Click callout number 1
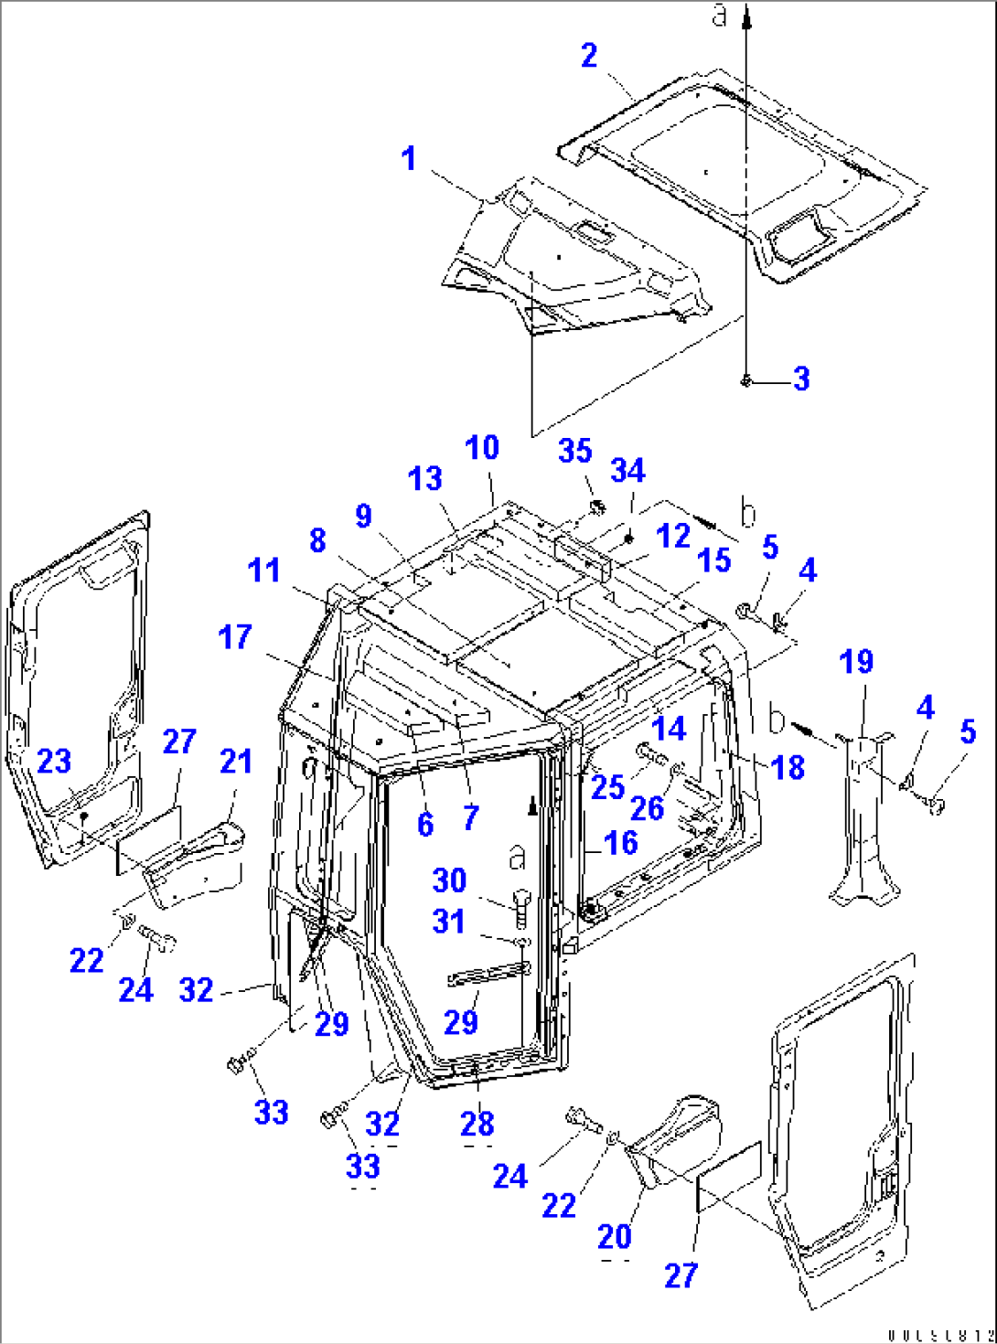(x=408, y=159)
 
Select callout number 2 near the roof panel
(x=589, y=56)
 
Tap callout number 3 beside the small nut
(x=801, y=379)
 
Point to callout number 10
(x=482, y=448)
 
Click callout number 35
(x=575, y=451)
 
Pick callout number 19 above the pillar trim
(x=856, y=662)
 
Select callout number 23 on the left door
(x=54, y=761)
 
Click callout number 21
(x=236, y=761)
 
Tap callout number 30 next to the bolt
(x=449, y=880)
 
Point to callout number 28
(x=477, y=1124)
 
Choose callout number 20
(x=615, y=1237)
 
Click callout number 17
(x=235, y=637)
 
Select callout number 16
(x=621, y=843)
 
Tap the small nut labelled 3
(x=746, y=379)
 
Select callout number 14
(x=669, y=729)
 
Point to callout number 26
(x=647, y=808)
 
